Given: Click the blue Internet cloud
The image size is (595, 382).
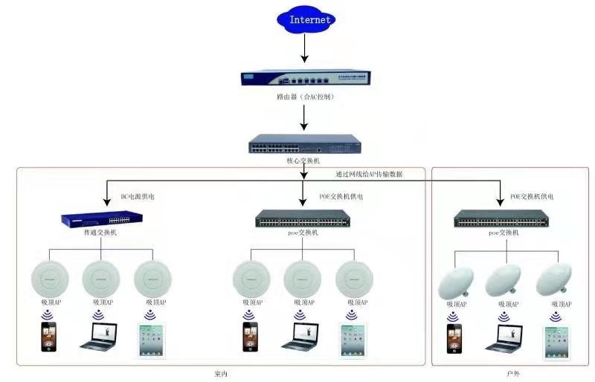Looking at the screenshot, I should [304, 20].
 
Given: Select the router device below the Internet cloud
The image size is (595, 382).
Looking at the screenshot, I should [304, 78].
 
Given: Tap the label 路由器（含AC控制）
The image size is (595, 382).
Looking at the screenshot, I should [304, 97].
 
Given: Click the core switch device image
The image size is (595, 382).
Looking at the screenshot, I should [304, 143].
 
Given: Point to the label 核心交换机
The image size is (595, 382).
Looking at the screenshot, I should [303, 161].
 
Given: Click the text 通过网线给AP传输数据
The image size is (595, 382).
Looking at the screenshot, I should [368, 174].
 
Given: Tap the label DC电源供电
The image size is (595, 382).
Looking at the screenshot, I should [138, 197].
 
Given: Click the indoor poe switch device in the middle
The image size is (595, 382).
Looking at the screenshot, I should [302, 218].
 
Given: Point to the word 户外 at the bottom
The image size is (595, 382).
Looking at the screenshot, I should [512, 373].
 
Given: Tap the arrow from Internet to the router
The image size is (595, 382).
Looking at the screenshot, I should [304, 48].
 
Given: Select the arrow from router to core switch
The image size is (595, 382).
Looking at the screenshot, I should [304, 117].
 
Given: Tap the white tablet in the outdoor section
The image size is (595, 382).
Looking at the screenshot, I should [556, 340].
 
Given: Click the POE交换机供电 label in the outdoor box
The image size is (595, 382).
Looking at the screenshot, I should [531, 197].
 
